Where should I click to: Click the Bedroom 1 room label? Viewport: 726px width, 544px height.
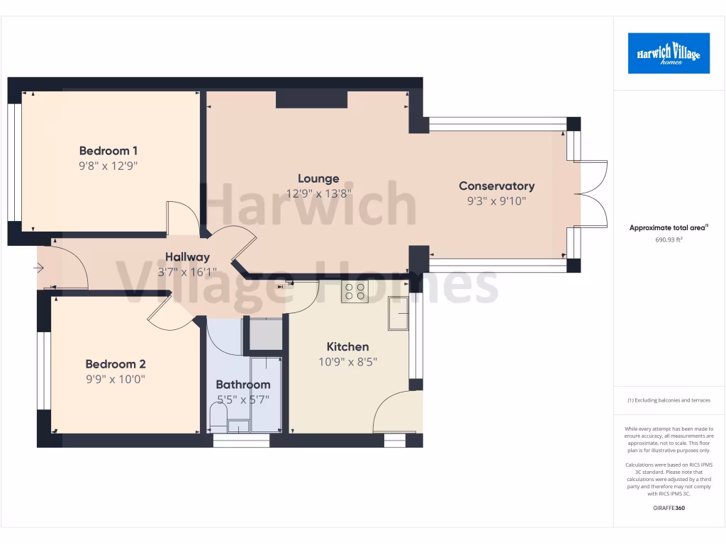pos(108,151)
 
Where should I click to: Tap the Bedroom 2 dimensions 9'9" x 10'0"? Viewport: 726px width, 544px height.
pos(116,379)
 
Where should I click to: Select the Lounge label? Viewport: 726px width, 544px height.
pos(318,178)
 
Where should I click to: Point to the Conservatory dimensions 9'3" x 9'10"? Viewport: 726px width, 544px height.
pos(496,201)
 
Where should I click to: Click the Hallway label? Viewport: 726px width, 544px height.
pos(187,257)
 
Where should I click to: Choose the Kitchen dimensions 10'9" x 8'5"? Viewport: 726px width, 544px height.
pos(347,362)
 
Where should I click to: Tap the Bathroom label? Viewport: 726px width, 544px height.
pos(243,385)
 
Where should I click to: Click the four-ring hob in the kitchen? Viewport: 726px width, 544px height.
pos(354,292)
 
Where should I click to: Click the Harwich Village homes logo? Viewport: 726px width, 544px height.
pos(669,53)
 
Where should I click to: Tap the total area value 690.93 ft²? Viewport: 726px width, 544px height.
pos(669,240)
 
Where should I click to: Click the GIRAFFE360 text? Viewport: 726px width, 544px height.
pos(669,508)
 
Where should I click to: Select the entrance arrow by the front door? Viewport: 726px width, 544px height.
pos(38,268)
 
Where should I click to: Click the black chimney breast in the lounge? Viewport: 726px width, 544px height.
pos(311,99)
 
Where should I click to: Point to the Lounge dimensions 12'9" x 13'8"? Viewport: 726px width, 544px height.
pos(318,193)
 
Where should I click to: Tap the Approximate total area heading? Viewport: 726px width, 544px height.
pos(669,228)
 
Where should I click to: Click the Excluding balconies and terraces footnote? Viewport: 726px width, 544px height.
pos(669,400)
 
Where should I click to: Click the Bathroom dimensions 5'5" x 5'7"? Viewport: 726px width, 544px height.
pos(243,399)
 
